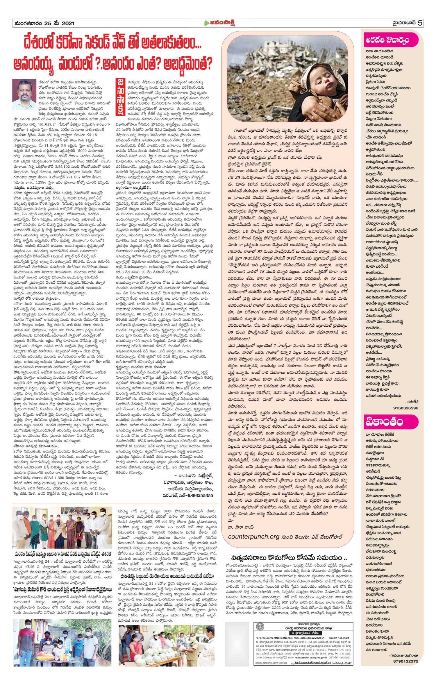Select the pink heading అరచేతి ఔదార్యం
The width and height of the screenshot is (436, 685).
388,41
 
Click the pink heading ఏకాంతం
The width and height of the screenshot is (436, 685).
384,423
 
